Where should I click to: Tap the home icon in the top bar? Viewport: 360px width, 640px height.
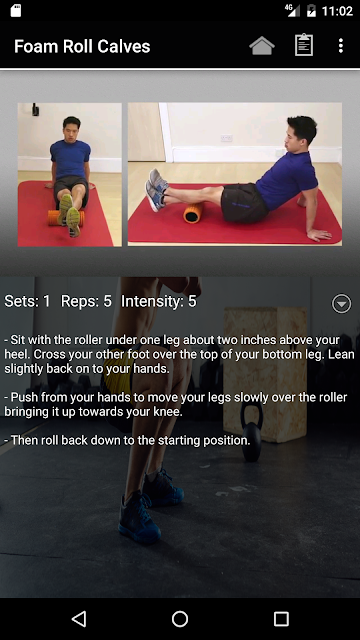tap(262, 45)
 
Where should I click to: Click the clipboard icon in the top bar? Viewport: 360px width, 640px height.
tap(304, 45)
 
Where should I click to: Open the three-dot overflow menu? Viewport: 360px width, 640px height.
tap(341, 46)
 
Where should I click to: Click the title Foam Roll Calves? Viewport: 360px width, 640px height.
tap(82, 47)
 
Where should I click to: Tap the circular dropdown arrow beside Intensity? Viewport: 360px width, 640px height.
tap(341, 303)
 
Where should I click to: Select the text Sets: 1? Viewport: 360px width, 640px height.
tap(27, 301)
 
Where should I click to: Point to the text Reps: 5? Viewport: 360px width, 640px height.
tap(86, 301)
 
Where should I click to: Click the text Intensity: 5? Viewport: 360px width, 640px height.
tap(159, 301)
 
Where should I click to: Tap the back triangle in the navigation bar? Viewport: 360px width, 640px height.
tap(79, 619)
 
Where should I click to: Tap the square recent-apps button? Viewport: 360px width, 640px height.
tap(281, 619)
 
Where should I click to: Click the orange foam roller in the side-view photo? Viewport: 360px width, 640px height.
tap(193, 213)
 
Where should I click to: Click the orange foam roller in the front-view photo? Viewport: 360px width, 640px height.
tap(66, 218)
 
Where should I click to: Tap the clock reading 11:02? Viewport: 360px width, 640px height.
tap(337, 11)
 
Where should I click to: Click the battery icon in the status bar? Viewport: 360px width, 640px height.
tap(311, 11)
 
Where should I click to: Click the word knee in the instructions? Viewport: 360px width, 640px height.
tap(166, 412)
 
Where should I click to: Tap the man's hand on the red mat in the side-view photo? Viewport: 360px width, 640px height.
tap(319, 234)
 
